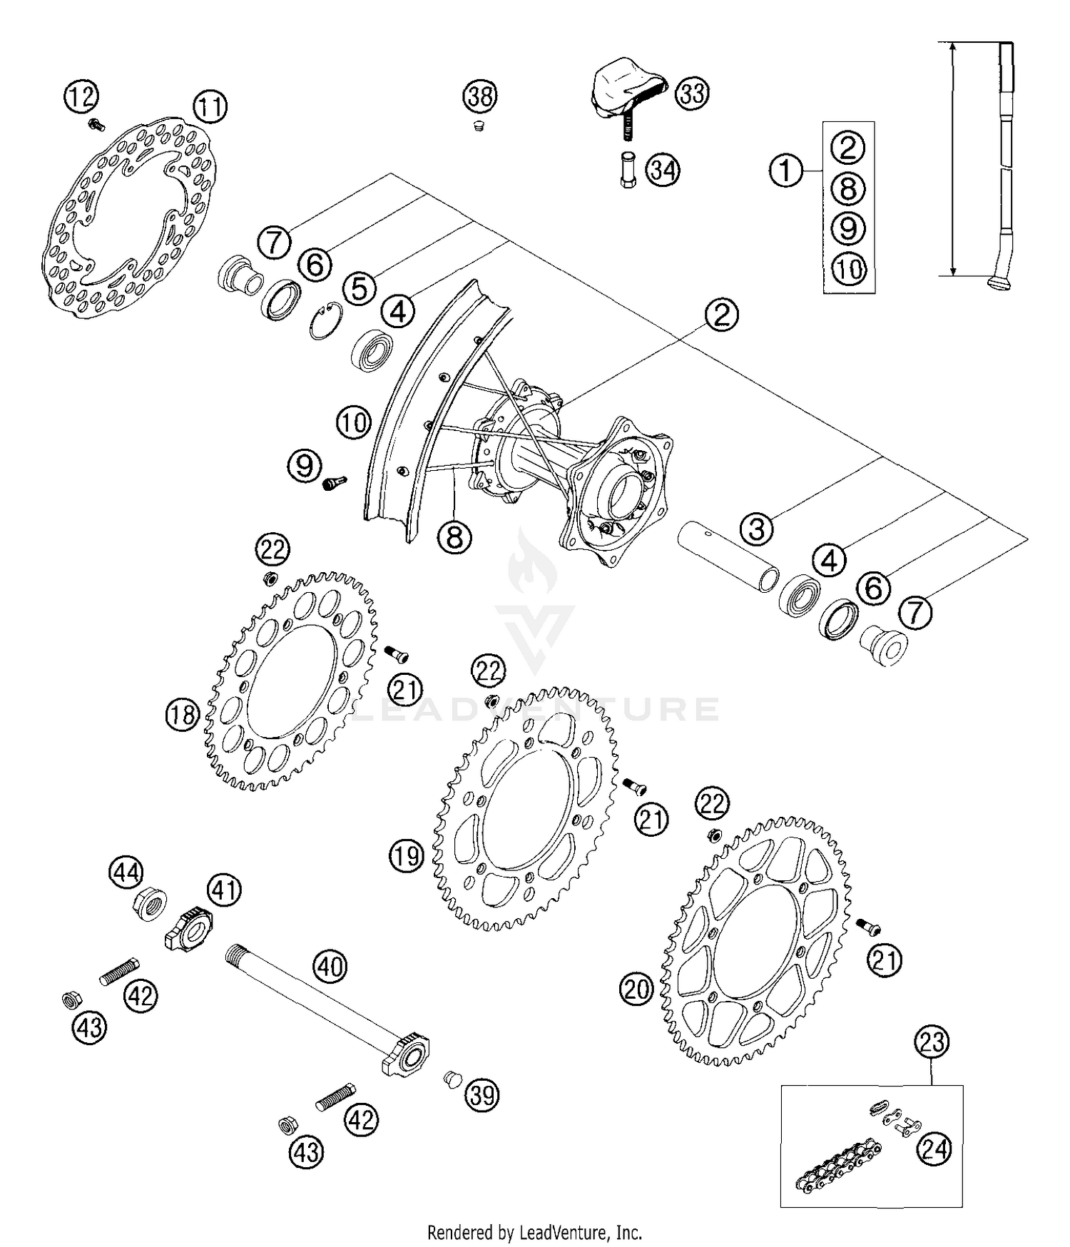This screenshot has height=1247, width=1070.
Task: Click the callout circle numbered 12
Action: pyautogui.click(x=81, y=96)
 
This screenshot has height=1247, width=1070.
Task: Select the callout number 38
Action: pyautogui.click(x=480, y=96)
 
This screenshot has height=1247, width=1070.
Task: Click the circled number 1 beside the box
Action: pyautogui.click(x=786, y=171)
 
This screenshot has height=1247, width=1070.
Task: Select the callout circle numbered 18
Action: pyautogui.click(x=182, y=714)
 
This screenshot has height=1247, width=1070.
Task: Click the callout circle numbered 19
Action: pyautogui.click(x=407, y=855)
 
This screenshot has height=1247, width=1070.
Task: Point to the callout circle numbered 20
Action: pyautogui.click(x=637, y=989)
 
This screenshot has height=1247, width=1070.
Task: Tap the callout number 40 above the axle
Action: pyautogui.click(x=330, y=967)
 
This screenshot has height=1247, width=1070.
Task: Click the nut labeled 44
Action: pyautogui.click(x=151, y=907)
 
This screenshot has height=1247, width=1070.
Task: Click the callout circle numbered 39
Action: pyautogui.click(x=482, y=1095)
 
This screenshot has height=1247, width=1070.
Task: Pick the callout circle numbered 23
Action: pyautogui.click(x=932, y=1042)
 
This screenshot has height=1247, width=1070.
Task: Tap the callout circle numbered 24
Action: pyautogui.click(x=934, y=1149)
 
